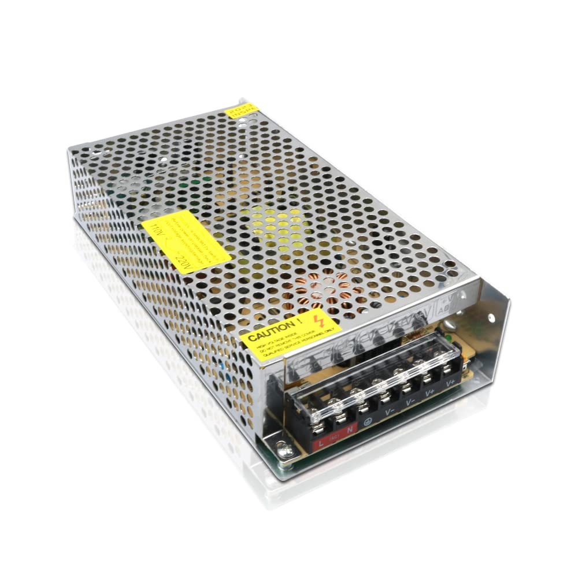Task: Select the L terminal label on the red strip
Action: coord(319,444)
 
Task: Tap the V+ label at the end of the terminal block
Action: coord(449,382)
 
